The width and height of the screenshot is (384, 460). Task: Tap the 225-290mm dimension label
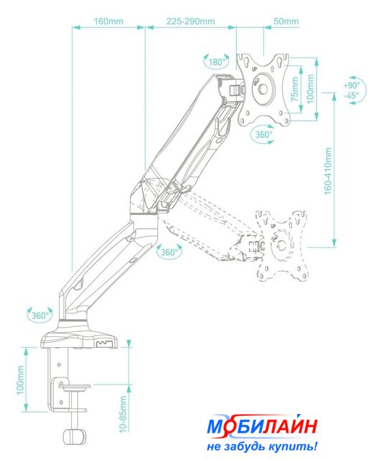pos(191,22)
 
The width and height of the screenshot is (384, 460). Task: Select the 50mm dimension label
pos(286,22)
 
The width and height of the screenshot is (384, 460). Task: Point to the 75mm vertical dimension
pos(295,89)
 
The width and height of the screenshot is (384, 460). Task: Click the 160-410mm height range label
pos(328,171)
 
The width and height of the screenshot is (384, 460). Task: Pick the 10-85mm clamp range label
pos(123,414)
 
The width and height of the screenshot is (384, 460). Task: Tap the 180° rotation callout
pos(217,63)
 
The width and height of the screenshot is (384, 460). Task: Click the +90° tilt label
pos(351,86)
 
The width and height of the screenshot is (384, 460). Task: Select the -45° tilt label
pos(351,96)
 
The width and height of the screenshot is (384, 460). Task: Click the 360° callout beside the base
pos(39,316)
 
